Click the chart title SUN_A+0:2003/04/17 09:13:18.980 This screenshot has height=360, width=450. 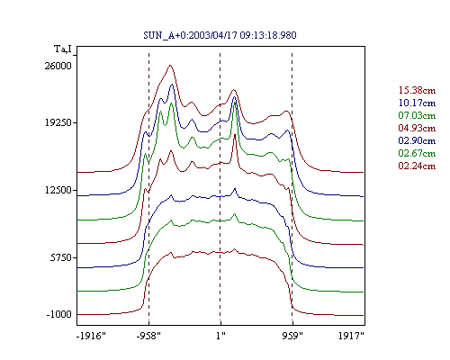point(220,35)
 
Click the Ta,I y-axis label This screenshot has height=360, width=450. point(63,49)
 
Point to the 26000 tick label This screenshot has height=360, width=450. point(58,66)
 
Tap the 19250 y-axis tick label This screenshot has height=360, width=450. point(58,122)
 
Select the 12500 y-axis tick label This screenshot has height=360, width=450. point(58,190)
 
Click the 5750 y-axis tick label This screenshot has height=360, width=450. point(61,257)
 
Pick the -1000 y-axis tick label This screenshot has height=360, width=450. point(59,314)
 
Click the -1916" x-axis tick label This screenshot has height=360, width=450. point(91,336)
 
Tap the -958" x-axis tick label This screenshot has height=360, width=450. point(148,336)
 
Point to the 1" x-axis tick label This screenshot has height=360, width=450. point(220,336)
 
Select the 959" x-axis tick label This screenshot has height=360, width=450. point(292,336)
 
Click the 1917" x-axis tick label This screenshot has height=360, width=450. point(351,336)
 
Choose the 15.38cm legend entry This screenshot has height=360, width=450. point(417,90)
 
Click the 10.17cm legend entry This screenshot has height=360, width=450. point(417,103)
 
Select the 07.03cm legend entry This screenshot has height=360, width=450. point(417,115)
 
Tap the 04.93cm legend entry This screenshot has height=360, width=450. point(417,128)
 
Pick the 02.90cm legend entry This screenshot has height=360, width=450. point(417,140)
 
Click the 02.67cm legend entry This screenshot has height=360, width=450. point(417,153)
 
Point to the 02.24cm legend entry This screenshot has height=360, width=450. point(417,166)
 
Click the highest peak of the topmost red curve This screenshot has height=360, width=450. point(170,65)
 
